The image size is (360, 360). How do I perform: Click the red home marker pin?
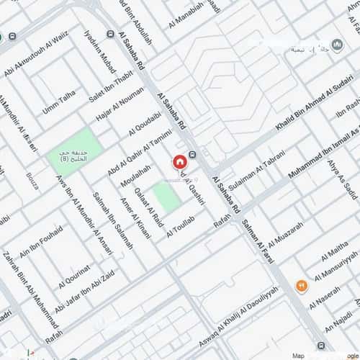(x=179, y=163)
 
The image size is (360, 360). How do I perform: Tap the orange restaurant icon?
(x=301, y=284)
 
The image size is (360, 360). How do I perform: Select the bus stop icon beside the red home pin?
(x=192, y=154)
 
